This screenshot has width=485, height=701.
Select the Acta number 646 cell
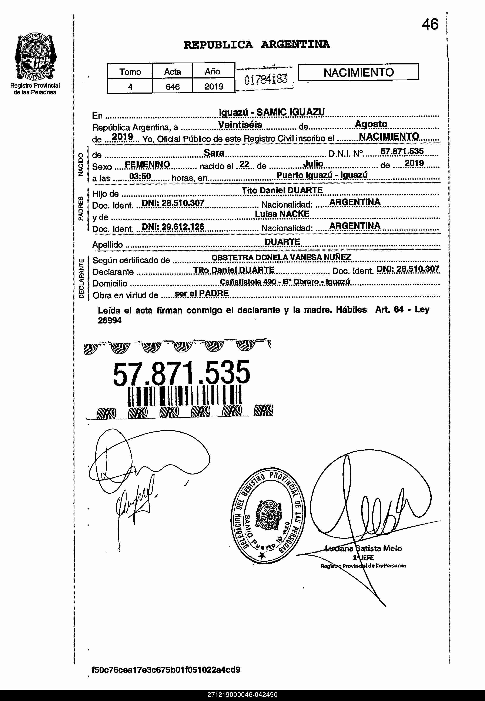click(x=172, y=87)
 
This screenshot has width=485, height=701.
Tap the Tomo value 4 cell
click(x=130, y=87)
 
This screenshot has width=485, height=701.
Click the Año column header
click(x=213, y=71)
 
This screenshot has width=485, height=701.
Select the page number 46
click(x=430, y=24)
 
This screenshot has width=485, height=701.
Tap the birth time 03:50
click(x=140, y=176)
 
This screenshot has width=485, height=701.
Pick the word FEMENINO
click(x=147, y=164)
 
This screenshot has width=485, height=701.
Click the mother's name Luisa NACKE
click(x=282, y=214)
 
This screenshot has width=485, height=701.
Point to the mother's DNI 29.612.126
click(x=173, y=227)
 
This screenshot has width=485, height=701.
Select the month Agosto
click(x=371, y=124)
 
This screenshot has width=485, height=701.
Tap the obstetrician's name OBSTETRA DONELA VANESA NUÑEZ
click(x=281, y=257)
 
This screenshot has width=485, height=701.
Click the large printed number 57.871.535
click(x=181, y=373)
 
